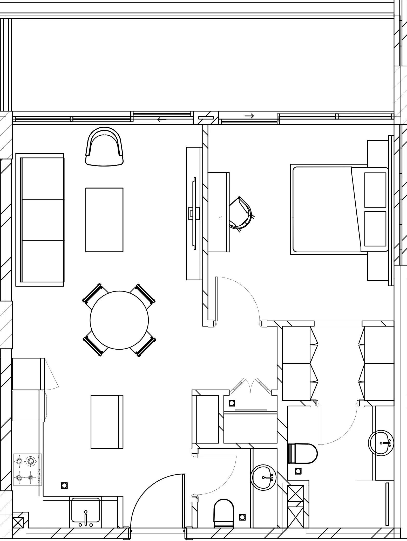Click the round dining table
point(119,320)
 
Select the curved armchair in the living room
point(104,147)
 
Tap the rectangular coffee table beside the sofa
point(104,220)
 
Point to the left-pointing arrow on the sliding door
point(162,120)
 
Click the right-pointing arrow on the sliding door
point(249,116)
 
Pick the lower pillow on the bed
point(375,229)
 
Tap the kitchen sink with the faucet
point(85,512)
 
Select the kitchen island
point(107,422)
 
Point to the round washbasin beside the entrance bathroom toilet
point(263,477)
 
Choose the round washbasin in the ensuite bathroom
point(381,443)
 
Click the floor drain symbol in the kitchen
point(64,485)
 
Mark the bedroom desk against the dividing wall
point(219,212)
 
